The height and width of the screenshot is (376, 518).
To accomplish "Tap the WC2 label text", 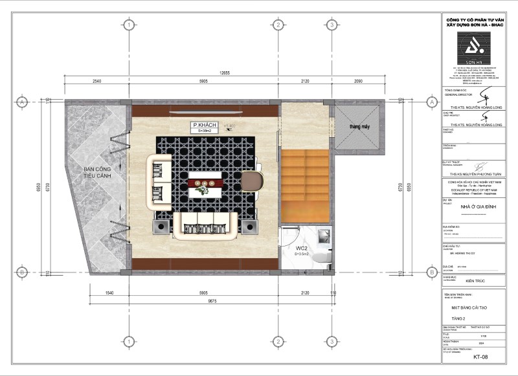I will pyautogui.click(x=302, y=248).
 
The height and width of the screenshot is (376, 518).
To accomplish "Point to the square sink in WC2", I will pyautogui.click(x=324, y=234).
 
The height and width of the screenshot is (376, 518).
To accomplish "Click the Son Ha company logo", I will pyautogui.click(x=475, y=46).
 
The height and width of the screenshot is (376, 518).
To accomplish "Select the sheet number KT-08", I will pyautogui.click(x=480, y=356).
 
